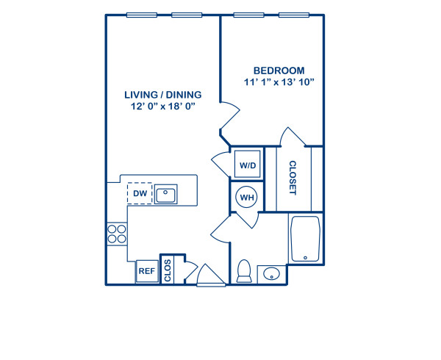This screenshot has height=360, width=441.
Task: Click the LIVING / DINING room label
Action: (162, 95)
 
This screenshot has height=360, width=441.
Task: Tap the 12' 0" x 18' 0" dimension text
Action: (162, 107)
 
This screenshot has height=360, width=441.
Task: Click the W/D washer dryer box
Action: (246, 165)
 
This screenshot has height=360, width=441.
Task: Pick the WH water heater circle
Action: (245, 197)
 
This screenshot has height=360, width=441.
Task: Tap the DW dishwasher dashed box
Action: (140, 194)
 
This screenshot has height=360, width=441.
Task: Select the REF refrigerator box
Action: (147, 270)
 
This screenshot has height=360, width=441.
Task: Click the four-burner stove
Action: (117, 234)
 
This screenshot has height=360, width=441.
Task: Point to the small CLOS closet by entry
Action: (168, 270)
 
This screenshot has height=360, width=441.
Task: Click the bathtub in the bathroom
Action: (304, 239)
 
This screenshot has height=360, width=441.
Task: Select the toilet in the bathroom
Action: (245, 270)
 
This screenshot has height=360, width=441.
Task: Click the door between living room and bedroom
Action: (229, 120)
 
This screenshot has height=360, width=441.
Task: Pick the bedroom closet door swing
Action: (292, 137)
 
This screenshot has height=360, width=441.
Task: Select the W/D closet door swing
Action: (221, 163)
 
